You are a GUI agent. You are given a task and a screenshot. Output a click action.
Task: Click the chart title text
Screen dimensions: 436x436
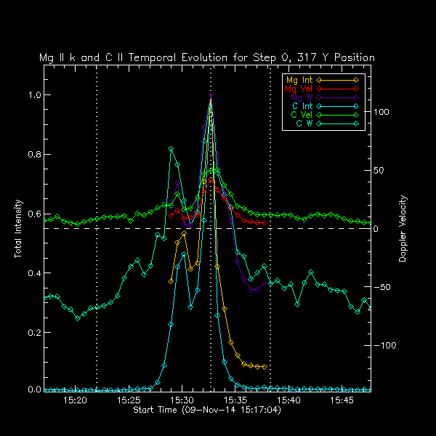tap(207, 57)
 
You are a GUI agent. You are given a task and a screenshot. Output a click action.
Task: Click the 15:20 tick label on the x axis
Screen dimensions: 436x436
tap(76, 400)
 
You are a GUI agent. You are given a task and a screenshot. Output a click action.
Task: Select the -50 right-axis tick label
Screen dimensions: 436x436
tap(382, 288)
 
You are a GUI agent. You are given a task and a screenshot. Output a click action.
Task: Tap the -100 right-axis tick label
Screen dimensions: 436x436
tap(384, 346)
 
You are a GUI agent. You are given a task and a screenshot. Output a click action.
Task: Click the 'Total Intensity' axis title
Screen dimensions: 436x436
tap(17, 230)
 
